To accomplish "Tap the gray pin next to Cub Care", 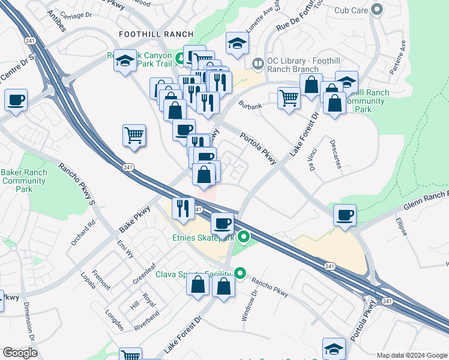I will pos(377,10).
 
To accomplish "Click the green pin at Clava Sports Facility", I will pos(241,274).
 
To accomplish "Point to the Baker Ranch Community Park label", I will pos(24,181).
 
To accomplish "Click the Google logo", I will pos(19,353).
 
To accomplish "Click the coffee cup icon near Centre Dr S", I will pos(16,100).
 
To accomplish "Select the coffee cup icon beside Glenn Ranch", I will pos(345,215).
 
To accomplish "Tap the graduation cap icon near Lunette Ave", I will pos(237,43).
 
